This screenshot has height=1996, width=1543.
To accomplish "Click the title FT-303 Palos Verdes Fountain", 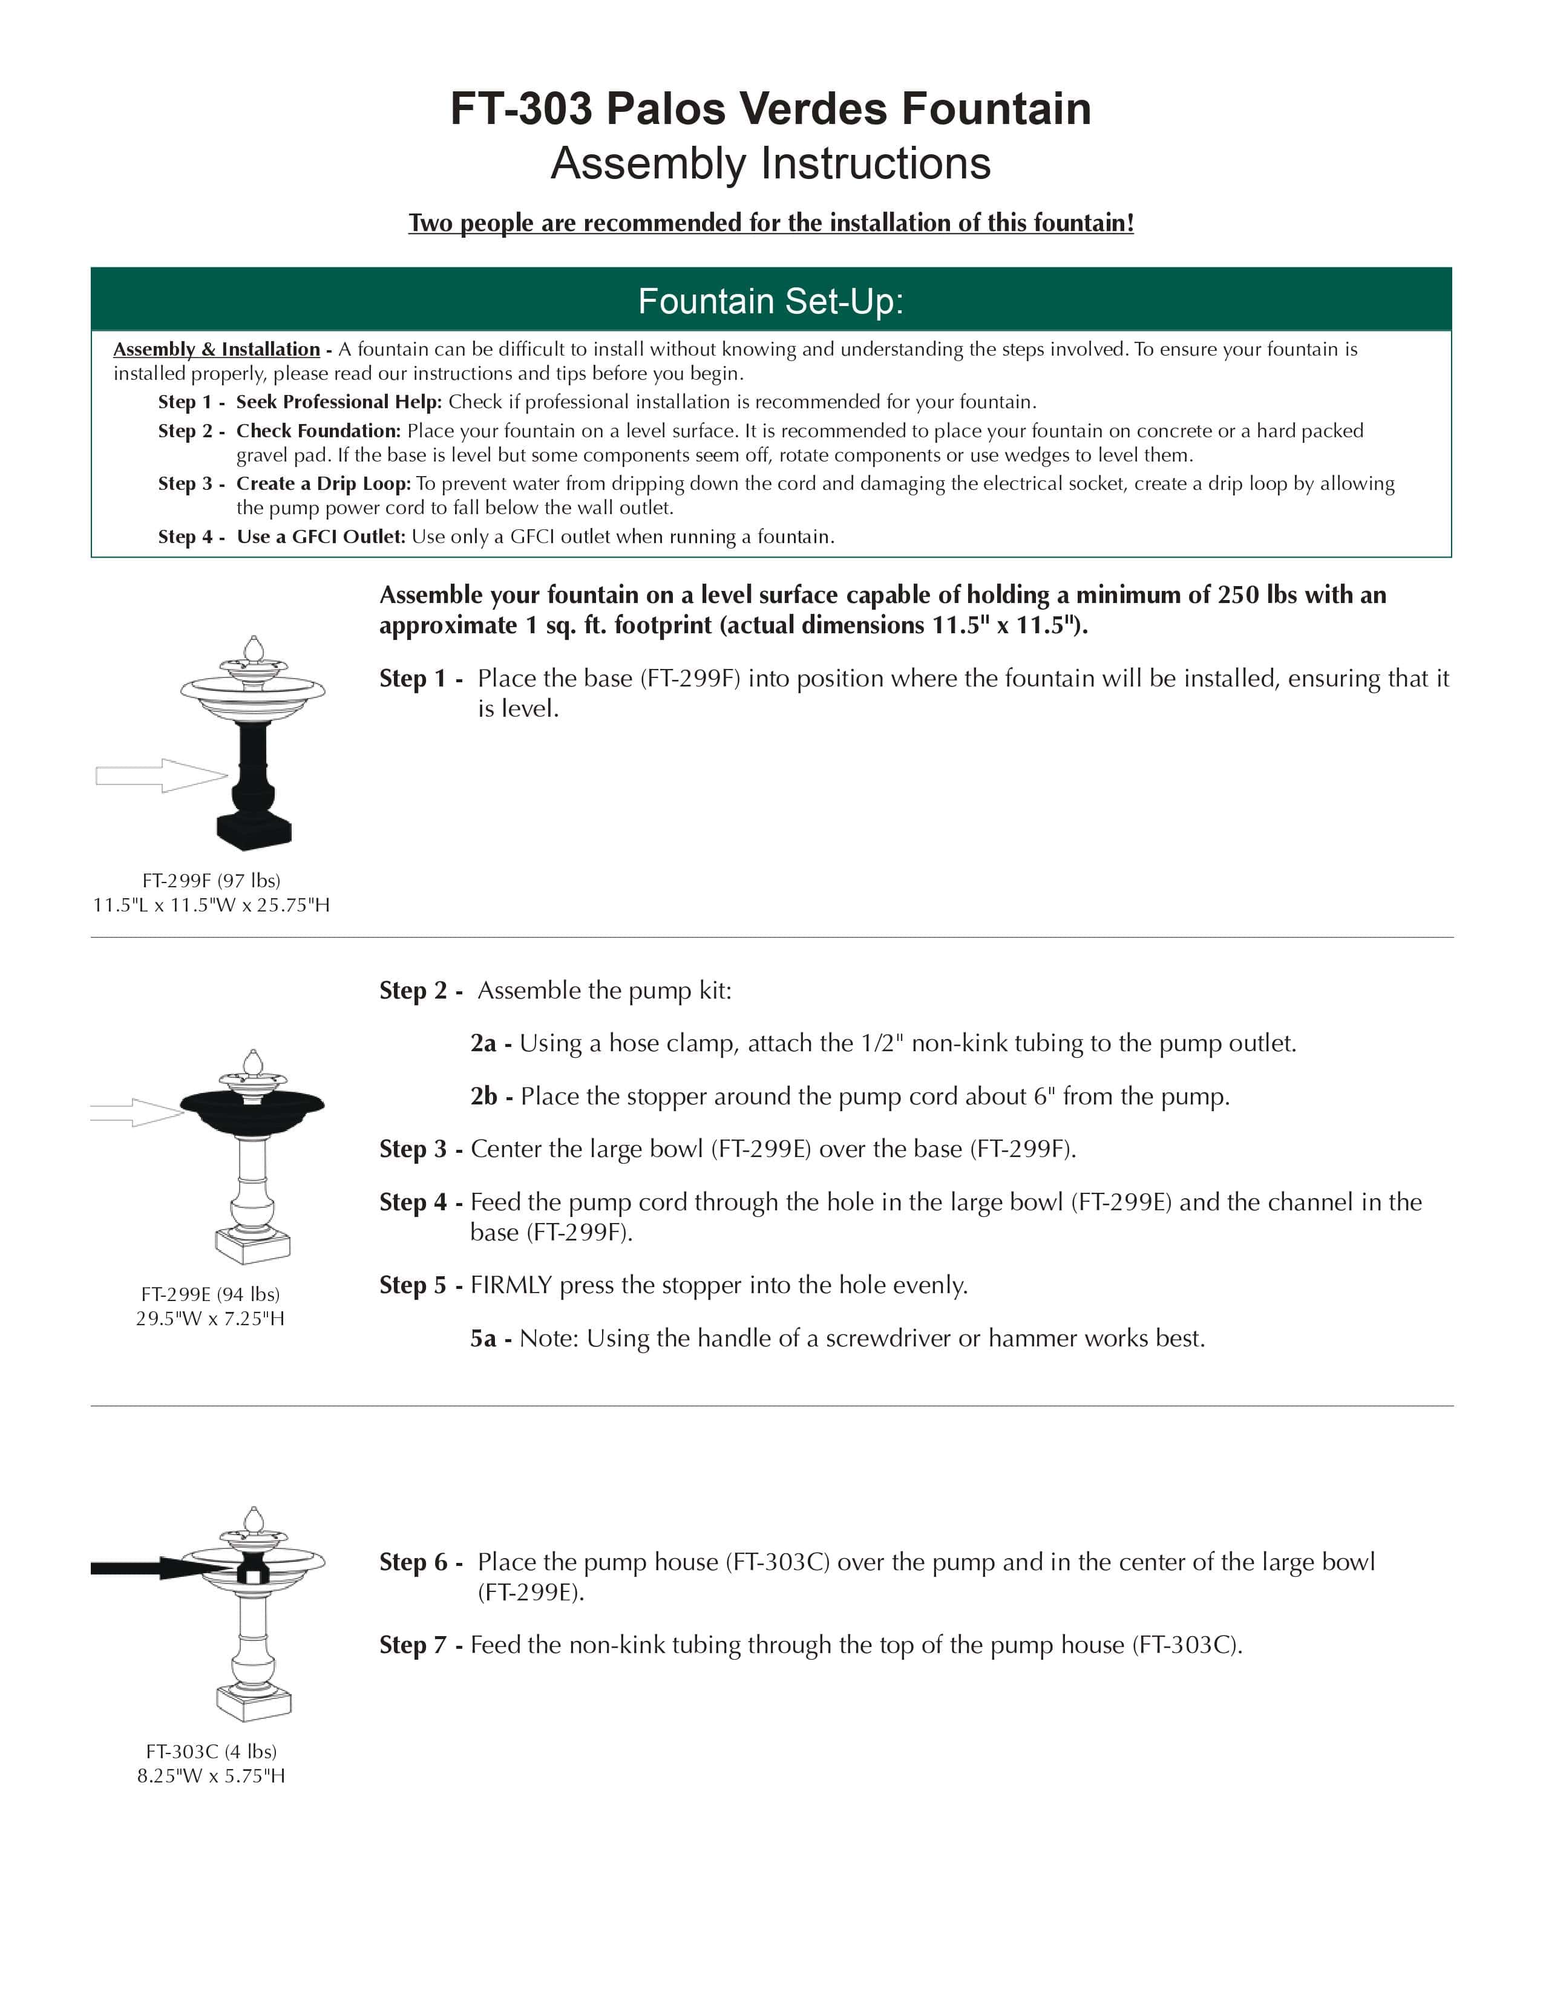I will click(x=770, y=109).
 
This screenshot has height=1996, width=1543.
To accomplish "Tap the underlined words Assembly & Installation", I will click(x=217, y=349).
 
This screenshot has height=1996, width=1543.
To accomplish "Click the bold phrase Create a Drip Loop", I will click(x=324, y=483).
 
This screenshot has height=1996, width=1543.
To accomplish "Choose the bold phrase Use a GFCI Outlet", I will click(x=321, y=537).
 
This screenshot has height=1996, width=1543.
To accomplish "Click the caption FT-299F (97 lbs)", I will click(x=211, y=880).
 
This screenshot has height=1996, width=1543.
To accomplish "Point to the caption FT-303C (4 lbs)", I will click(x=211, y=1751).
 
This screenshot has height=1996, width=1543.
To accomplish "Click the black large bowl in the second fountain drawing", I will click(x=252, y=1112).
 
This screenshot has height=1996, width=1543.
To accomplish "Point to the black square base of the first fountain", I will click(x=253, y=830).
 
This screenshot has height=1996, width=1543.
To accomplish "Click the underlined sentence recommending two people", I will click(x=770, y=223).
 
